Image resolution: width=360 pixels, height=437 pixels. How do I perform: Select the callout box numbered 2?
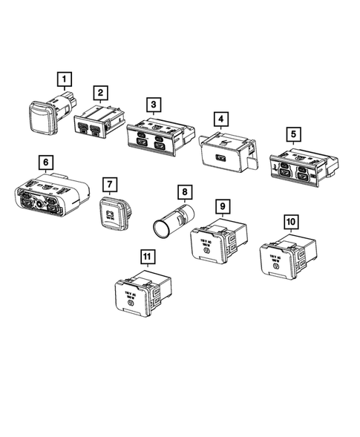pos(99,93)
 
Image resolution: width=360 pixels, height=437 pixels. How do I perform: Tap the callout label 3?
pos(152,104)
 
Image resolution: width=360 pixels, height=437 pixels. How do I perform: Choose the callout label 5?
pos(295,134)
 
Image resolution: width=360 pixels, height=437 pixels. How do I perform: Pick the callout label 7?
pos(108,183)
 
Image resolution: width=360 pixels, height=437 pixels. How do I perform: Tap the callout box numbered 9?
pos(221,206)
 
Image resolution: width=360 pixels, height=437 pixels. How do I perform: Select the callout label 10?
pos(291,222)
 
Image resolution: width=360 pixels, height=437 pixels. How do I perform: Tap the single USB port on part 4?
pos(221,157)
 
